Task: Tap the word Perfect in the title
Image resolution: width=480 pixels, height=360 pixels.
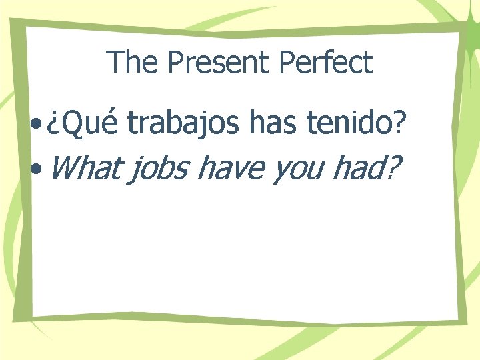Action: pyautogui.click(x=326, y=63)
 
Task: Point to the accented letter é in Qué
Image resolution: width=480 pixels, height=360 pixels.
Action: pyautogui.click(x=110, y=124)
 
